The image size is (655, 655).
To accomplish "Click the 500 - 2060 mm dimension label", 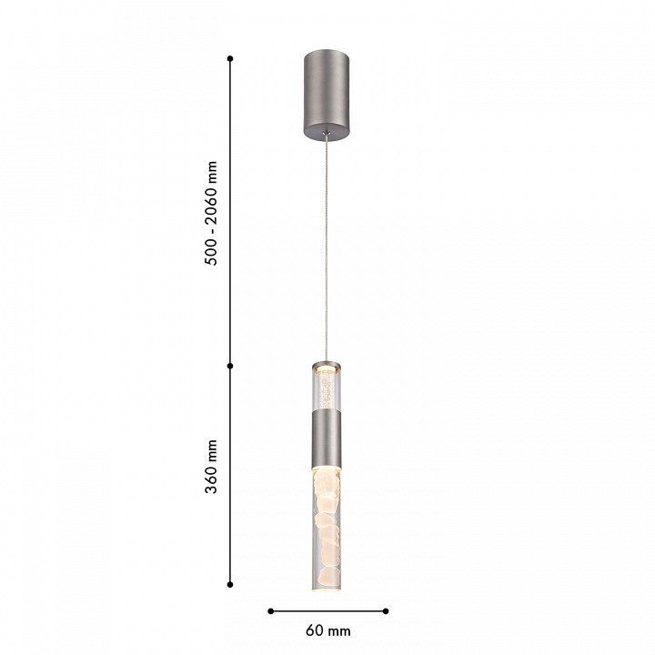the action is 212,213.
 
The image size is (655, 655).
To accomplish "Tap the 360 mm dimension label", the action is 212,467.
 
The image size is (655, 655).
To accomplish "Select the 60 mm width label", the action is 327,630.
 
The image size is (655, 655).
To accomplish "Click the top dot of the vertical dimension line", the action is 230,58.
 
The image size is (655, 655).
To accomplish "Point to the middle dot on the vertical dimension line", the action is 230,366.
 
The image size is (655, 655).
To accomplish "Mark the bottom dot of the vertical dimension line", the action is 230,584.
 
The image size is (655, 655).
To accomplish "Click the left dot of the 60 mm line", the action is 271,611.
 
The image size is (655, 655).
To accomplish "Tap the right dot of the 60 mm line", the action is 386,611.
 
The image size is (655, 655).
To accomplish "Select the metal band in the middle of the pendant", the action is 327,438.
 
